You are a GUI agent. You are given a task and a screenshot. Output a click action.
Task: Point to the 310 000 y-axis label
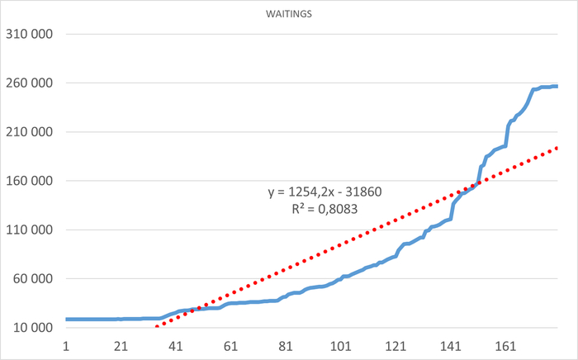(x=29, y=35)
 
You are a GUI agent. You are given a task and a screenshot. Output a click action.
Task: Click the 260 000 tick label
(x=29, y=83)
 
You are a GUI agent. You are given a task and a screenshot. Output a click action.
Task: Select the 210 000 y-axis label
(x=29, y=132)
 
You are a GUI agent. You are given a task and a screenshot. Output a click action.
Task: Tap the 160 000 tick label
(x=29, y=181)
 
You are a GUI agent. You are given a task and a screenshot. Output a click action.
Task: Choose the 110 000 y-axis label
(x=29, y=230)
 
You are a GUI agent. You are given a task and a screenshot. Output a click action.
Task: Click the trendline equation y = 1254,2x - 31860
(x=324, y=192)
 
